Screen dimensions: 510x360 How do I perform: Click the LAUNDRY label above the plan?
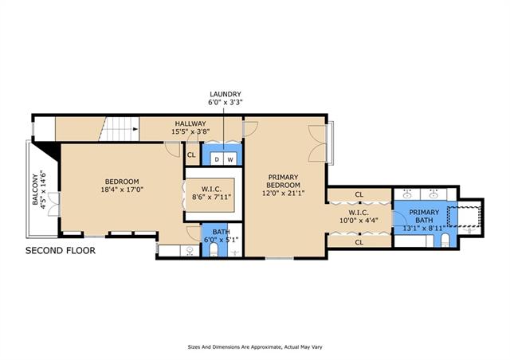point(226,94)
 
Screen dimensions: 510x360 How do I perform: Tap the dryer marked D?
point(217,159)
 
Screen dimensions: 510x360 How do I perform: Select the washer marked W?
point(230,159)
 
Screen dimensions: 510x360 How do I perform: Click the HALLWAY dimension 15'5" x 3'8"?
point(190,131)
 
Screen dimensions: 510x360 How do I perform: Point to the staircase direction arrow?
point(135,129)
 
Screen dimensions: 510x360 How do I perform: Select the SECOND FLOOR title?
point(61,250)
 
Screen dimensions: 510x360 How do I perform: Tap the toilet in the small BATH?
point(214,250)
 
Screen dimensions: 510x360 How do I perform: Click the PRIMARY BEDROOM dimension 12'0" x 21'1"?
point(284,194)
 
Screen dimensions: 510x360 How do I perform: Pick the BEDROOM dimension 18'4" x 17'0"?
point(122,190)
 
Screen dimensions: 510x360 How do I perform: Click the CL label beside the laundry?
point(191,155)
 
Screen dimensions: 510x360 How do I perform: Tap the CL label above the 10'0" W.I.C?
point(359,195)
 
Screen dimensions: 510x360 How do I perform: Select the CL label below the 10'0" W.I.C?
point(359,242)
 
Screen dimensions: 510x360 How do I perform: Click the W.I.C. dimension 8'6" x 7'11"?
point(211,197)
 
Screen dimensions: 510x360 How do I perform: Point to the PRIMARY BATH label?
point(424,217)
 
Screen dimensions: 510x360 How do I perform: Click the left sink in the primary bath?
point(406,194)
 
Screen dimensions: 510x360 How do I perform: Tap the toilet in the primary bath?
point(445,241)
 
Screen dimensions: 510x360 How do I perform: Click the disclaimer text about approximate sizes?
point(255,347)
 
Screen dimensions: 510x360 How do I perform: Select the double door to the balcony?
point(53,204)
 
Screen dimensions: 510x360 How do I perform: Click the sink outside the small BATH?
point(190,251)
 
